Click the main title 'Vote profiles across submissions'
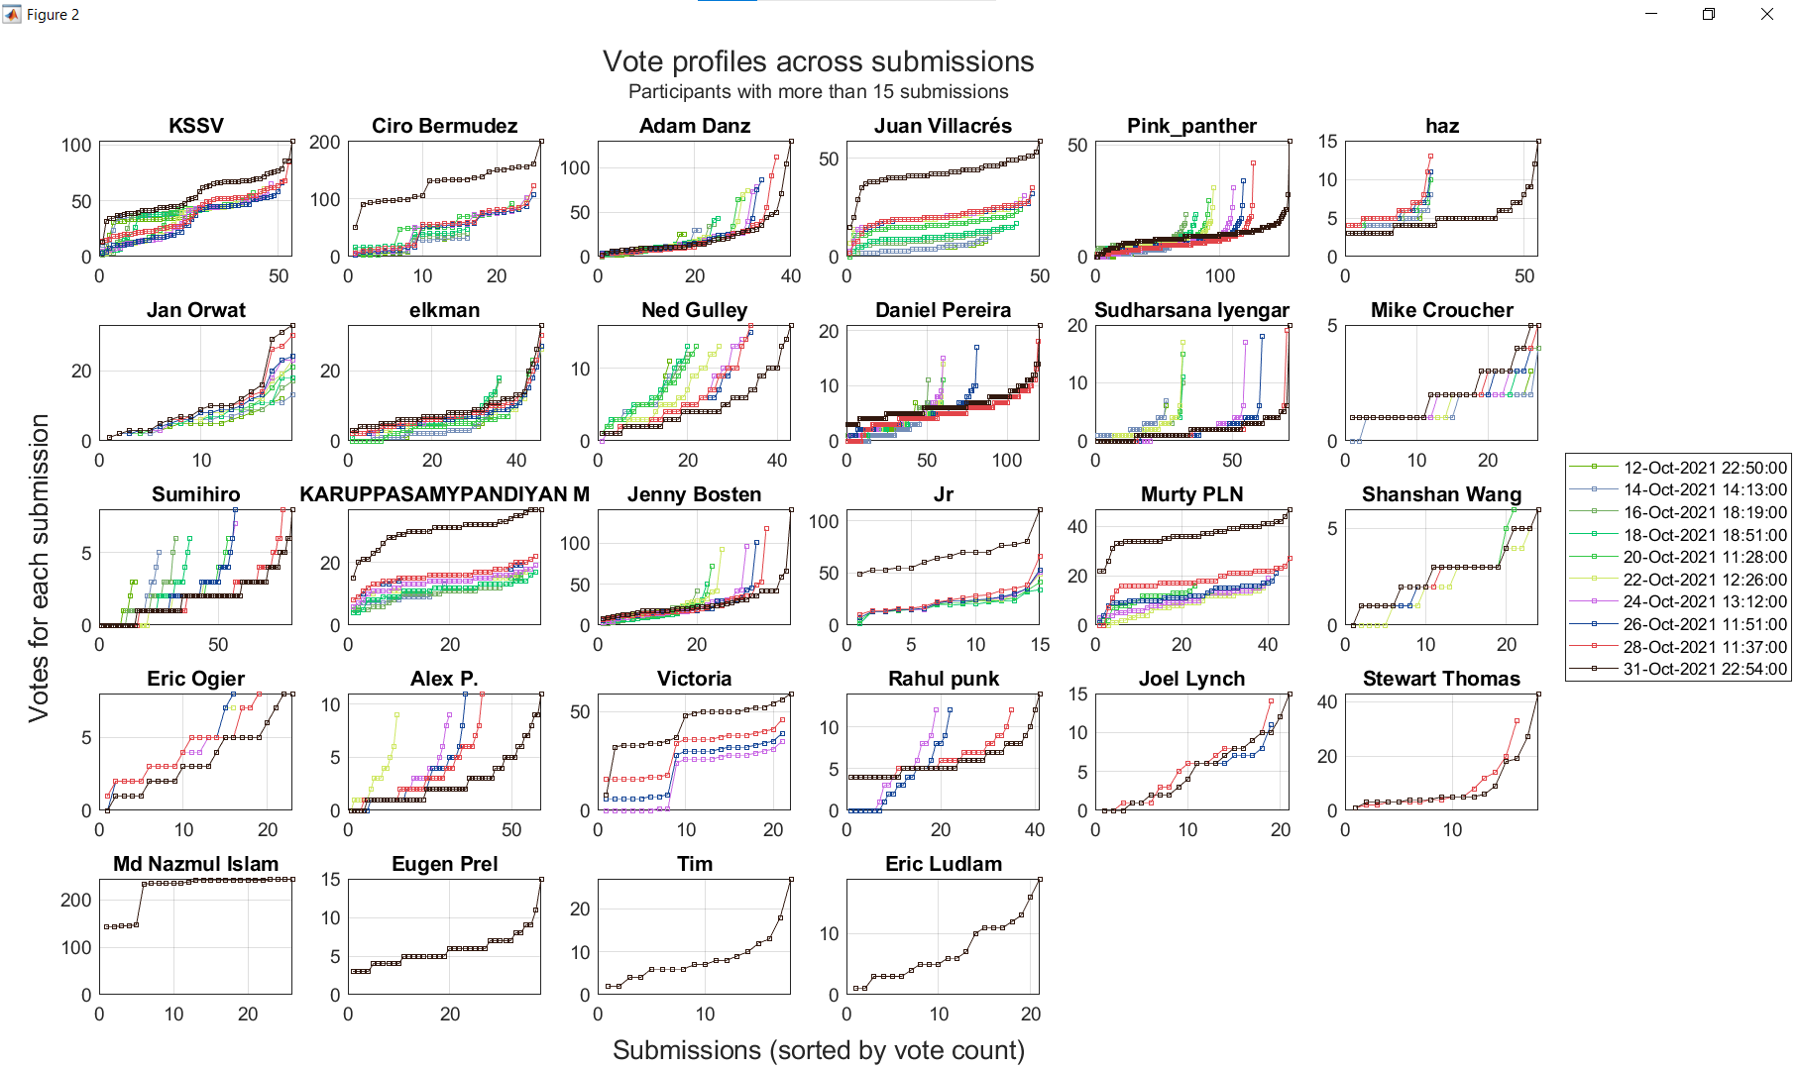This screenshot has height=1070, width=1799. point(818,61)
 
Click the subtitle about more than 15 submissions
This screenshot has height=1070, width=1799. point(818,92)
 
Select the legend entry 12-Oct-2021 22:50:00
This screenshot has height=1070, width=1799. point(1704,468)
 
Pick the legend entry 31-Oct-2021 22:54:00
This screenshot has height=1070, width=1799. point(1704,669)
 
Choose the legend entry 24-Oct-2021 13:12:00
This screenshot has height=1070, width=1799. point(1704,601)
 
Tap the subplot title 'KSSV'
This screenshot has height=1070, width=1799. point(196,126)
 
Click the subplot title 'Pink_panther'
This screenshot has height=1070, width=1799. point(1191,126)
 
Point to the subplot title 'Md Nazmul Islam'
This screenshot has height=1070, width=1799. point(196,864)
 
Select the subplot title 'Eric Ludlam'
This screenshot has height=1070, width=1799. point(943,864)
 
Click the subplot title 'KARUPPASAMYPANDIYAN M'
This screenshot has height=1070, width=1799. point(444,494)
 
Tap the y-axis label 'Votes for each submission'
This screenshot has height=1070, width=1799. point(39,568)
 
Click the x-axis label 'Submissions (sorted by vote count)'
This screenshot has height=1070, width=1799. point(818,1050)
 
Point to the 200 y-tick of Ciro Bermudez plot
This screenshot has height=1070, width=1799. point(324,143)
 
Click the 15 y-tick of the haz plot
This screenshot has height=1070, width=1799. point(1327,142)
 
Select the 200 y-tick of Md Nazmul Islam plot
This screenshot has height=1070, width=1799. point(76,900)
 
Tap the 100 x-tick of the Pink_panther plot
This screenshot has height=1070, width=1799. point(1219,276)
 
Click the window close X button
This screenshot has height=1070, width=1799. point(1766,14)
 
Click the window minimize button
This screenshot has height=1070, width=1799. point(1651,14)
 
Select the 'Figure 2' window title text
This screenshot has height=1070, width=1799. point(53,15)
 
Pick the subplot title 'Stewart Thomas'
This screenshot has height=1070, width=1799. point(1441,679)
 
